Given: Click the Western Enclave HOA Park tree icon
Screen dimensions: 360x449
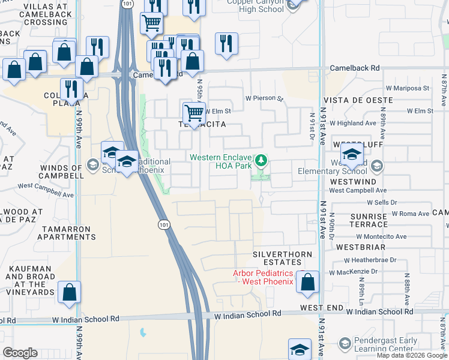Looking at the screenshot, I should (x=261, y=161).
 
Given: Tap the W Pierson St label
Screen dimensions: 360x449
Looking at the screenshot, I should (x=264, y=98).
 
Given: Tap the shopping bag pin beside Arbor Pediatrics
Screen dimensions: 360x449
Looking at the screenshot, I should (x=308, y=282).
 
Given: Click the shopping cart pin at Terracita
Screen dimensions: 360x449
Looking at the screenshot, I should (x=194, y=112).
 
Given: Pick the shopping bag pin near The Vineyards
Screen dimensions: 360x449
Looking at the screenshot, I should (x=70, y=292).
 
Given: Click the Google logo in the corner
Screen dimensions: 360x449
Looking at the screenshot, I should (x=20, y=353).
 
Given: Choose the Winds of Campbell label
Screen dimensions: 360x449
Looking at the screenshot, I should (x=53, y=172).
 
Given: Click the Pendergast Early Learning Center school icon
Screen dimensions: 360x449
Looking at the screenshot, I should (x=345, y=343).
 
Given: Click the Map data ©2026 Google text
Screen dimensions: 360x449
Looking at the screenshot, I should (x=411, y=355).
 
